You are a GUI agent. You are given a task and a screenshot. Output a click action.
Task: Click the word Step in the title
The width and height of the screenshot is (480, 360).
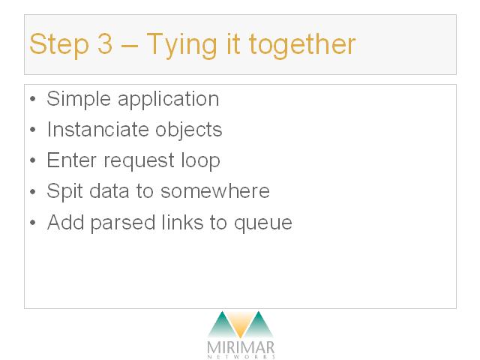click(59, 45)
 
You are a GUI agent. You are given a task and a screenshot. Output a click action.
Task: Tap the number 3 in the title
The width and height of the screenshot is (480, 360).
click(105, 43)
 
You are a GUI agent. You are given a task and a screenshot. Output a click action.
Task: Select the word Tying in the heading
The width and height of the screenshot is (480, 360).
click(181, 45)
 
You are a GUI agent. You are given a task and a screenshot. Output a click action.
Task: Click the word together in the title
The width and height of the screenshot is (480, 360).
click(302, 45)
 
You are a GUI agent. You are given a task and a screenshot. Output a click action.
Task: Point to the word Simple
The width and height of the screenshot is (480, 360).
click(79, 99)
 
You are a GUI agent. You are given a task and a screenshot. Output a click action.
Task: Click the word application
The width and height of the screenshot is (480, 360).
click(168, 99)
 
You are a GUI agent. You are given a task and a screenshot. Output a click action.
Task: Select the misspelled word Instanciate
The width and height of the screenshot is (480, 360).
click(97, 130)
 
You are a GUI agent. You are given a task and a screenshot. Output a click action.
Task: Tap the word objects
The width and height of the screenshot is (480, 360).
click(188, 130)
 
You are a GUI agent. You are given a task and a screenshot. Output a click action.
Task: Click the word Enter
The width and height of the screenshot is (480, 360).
click(72, 160)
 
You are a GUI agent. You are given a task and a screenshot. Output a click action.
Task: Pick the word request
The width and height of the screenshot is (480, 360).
click(139, 161)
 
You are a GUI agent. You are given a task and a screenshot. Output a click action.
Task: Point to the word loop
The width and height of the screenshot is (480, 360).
click(200, 160)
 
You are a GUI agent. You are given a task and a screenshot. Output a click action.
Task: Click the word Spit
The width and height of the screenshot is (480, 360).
click(64, 191)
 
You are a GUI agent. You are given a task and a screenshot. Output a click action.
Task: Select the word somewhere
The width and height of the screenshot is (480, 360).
click(215, 191)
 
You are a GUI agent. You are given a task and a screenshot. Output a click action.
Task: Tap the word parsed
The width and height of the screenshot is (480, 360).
click(123, 223)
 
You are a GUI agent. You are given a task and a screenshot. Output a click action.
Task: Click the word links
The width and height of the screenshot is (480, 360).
click(182, 222)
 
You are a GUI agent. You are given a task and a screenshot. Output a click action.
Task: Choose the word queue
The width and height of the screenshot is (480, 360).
click(263, 223)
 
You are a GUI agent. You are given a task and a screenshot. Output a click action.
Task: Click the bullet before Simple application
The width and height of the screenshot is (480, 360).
click(33, 99)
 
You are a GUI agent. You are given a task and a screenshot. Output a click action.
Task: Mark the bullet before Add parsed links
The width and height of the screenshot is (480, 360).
click(33, 222)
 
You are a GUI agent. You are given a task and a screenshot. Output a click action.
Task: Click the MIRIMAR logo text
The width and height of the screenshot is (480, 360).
click(241, 348)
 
